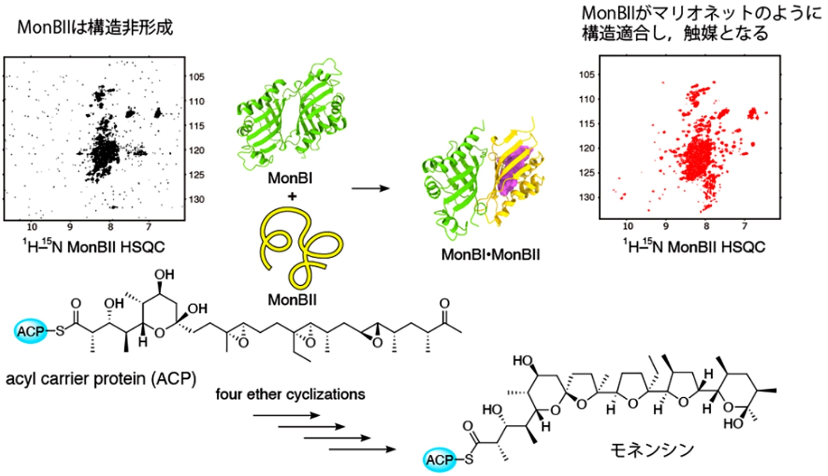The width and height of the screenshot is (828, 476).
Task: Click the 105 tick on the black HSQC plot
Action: pos(197,77)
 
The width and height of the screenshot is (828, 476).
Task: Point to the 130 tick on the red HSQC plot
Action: pos(588,197)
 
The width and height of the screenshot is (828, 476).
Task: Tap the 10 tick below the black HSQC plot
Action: pos(32,227)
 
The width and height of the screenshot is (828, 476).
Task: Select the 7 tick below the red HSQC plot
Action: pos(745,226)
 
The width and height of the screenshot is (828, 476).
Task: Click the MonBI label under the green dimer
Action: pos(290,178)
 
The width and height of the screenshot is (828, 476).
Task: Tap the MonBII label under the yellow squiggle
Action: pos(292,300)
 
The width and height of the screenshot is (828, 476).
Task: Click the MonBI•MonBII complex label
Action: pos(490,255)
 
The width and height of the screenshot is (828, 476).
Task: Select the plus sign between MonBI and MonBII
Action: pos(292,196)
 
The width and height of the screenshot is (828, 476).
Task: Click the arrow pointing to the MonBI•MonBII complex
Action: pos(370,189)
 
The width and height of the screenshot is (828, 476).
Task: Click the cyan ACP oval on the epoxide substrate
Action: pos(30,331)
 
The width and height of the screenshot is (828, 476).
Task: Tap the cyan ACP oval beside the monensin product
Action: pos(440,460)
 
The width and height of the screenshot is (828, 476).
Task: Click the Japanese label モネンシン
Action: pos(651,450)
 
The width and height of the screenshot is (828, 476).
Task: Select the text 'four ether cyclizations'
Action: pos(290,394)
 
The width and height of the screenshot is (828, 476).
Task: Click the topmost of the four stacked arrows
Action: pos(286,416)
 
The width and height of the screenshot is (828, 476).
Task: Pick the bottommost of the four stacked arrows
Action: pos(362,450)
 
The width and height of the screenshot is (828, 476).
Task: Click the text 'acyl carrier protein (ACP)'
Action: pos(101,379)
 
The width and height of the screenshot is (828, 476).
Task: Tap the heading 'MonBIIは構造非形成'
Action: pos(95,28)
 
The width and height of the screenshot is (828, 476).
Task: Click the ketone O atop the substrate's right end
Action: pos(444,304)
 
